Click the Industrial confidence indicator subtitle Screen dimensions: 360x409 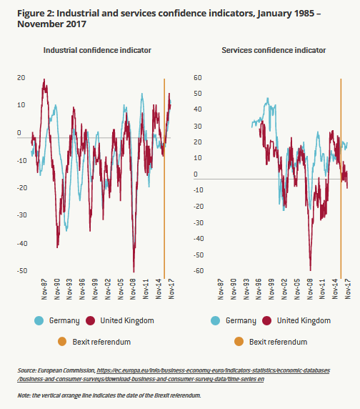coord(97,50)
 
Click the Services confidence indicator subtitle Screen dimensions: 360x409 coord(274,50)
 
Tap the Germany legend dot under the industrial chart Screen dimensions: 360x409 coord(39,320)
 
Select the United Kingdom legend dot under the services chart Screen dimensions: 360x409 coord(266,320)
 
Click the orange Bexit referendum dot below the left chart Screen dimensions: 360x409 coord(62,342)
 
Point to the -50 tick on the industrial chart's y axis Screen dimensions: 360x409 coord(22,270)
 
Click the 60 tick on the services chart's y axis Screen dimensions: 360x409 coord(198,77)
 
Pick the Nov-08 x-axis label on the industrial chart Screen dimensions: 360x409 coord(133,289)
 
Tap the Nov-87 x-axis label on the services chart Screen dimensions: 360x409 coord(221,289)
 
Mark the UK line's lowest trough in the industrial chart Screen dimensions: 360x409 coord(134,272)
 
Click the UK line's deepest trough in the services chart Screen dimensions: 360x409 coord(311,270)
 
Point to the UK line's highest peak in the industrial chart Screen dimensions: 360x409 coord(44,79)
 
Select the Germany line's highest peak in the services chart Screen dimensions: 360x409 coord(268,99)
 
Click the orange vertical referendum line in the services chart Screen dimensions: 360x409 coord(341,179)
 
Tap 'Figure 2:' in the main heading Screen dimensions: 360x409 coord(36,13)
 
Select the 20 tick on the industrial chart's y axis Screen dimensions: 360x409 coord(21,77)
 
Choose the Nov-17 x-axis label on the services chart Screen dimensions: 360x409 coord(347,289)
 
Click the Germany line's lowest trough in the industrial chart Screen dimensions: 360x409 coord(66,230)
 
